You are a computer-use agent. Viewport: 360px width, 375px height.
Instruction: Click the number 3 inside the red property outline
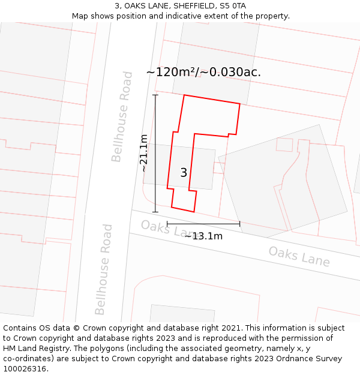tap(184, 173)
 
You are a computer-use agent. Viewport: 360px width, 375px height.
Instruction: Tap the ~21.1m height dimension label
tap(144, 153)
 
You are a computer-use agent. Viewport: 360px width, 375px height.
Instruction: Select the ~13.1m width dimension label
tap(203, 236)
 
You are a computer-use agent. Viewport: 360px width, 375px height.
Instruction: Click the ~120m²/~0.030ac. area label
tap(203, 72)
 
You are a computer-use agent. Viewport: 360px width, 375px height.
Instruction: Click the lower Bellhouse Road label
tap(104, 269)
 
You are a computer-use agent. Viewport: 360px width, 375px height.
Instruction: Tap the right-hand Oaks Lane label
tap(299, 256)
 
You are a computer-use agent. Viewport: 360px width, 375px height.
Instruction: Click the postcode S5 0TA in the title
tap(233, 6)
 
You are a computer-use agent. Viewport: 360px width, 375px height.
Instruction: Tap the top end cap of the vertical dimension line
tap(155, 95)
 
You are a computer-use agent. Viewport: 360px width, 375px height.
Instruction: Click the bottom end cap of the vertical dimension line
tap(155, 212)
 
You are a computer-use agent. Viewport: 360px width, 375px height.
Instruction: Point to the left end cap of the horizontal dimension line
tap(167, 224)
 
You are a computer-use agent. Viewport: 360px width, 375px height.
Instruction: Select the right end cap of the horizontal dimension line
tap(240, 224)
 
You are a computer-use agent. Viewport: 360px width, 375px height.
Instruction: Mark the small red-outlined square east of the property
tap(284, 145)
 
